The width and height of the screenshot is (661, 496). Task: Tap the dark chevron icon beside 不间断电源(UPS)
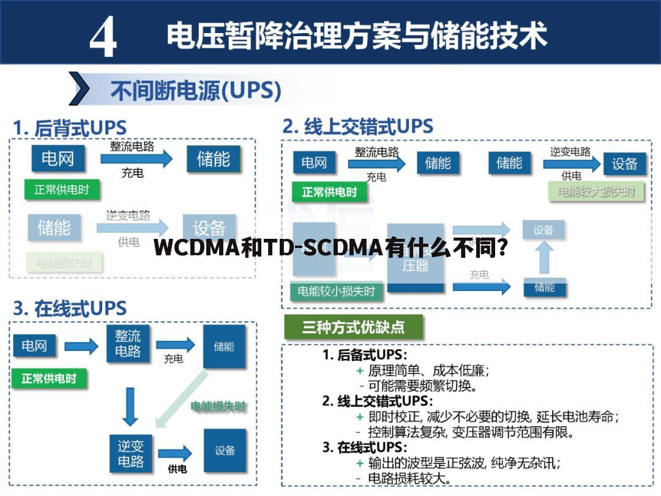(80, 89)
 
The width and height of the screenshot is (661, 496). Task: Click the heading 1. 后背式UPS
(70, 128)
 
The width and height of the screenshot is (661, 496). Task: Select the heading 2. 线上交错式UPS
(357, 127)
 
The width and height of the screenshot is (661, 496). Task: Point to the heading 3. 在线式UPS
(70, 308)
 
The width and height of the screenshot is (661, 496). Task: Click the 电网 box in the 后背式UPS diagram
(58, 159)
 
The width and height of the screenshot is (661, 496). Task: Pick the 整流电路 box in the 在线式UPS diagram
(127, 344)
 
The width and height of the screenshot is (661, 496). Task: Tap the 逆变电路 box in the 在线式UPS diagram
(130, 453)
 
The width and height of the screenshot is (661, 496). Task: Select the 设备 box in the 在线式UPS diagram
(225, 451)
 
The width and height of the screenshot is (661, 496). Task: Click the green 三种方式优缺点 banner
(353, 328)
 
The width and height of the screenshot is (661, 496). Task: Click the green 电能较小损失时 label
(336, 291)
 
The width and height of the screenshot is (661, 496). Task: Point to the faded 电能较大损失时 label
(596, 191)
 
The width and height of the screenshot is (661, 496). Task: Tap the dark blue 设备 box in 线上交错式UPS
(624, 163)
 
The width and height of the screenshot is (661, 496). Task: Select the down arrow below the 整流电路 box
(130, 406)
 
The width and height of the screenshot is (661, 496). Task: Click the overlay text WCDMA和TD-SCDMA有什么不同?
(330, 248)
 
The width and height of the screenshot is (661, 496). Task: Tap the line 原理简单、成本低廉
(428, 370)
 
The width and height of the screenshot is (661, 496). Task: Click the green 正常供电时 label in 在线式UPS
(49, 378)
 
